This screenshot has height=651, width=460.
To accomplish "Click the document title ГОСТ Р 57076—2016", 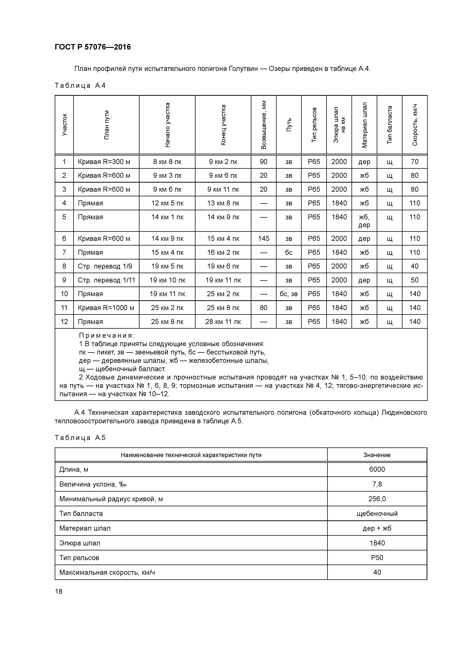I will click(x=93, y=47).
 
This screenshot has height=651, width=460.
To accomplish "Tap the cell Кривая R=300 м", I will click(x=104, y=162).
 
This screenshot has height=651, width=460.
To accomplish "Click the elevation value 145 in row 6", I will click(x=264, y=238).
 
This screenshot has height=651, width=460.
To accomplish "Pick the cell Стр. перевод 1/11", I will click(x=106, y=280).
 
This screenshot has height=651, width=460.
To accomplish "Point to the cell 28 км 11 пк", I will click(x=223, y=322).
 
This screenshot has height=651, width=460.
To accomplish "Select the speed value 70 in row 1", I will click(x=414, y=162).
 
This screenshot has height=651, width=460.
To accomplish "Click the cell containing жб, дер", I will click(x=364, y=221).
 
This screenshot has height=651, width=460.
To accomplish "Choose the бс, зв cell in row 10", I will click(x=289, y=294).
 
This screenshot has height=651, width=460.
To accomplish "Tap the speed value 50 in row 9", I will click(x=414, y=280).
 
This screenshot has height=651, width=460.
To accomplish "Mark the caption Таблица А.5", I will click(x=80, y=438).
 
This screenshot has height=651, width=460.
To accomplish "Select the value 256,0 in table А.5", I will click(x=377, y=499).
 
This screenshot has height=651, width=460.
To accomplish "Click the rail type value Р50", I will click(x=377, y=558).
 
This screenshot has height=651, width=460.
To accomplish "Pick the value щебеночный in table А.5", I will click(x=377, y=513).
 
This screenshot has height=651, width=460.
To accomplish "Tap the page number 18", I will click(x=59, y=591).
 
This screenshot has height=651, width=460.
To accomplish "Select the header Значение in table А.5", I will click(x=377, y=455).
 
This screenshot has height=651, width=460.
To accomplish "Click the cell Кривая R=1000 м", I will click(x=106, y=308).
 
